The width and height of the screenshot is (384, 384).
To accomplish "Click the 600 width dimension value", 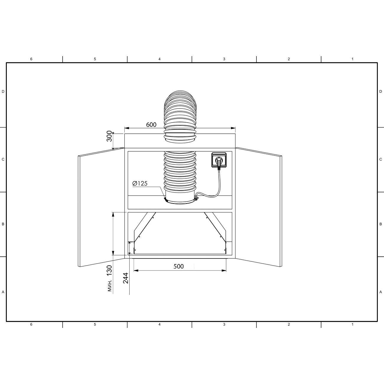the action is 151,125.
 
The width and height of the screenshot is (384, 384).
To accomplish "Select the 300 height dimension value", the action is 109,136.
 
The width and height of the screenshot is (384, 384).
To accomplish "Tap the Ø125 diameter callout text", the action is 140,183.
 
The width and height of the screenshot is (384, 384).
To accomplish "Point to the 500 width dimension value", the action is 178,266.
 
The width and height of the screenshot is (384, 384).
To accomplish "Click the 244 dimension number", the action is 126,278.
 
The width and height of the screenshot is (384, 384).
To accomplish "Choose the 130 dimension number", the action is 109,271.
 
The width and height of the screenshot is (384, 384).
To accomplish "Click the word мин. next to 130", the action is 110,286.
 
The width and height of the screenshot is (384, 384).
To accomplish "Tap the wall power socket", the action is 219,160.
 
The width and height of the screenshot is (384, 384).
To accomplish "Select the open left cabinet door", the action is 101,207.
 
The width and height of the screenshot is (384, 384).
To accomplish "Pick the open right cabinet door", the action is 259,207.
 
